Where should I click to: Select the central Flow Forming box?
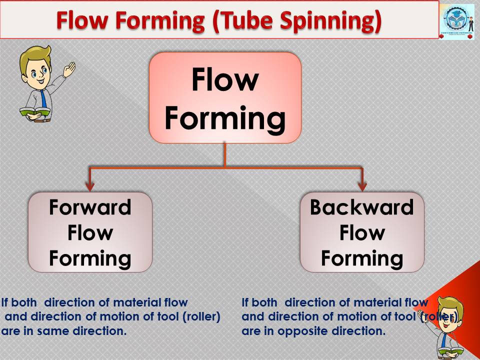click(225, 97)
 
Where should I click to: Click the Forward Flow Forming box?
click(90, 232)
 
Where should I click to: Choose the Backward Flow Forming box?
click(362, 232)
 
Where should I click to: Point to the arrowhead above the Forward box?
click(90, 186)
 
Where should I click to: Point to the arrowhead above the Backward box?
click(362, 186)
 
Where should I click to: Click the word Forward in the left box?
click(90, 207)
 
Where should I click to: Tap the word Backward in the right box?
click(362, 207)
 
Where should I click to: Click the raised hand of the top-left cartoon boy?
click(69, 68)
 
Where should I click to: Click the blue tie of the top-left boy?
click(43, 97)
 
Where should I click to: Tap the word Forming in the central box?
click(225, 118)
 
